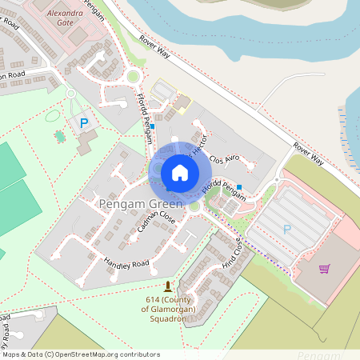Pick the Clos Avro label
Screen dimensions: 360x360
(225, 158)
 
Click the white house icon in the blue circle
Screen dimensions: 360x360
(180, 173)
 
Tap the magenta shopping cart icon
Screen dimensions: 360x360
(325, 269)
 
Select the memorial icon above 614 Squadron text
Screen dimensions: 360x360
(167, 286)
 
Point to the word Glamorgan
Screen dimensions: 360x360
(169, 308)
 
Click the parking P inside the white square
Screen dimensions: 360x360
(83, 123)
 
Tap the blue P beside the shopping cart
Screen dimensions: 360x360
(287, 230)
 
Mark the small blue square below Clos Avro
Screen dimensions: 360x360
(239, 187)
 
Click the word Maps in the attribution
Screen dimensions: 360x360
(11, 354)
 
